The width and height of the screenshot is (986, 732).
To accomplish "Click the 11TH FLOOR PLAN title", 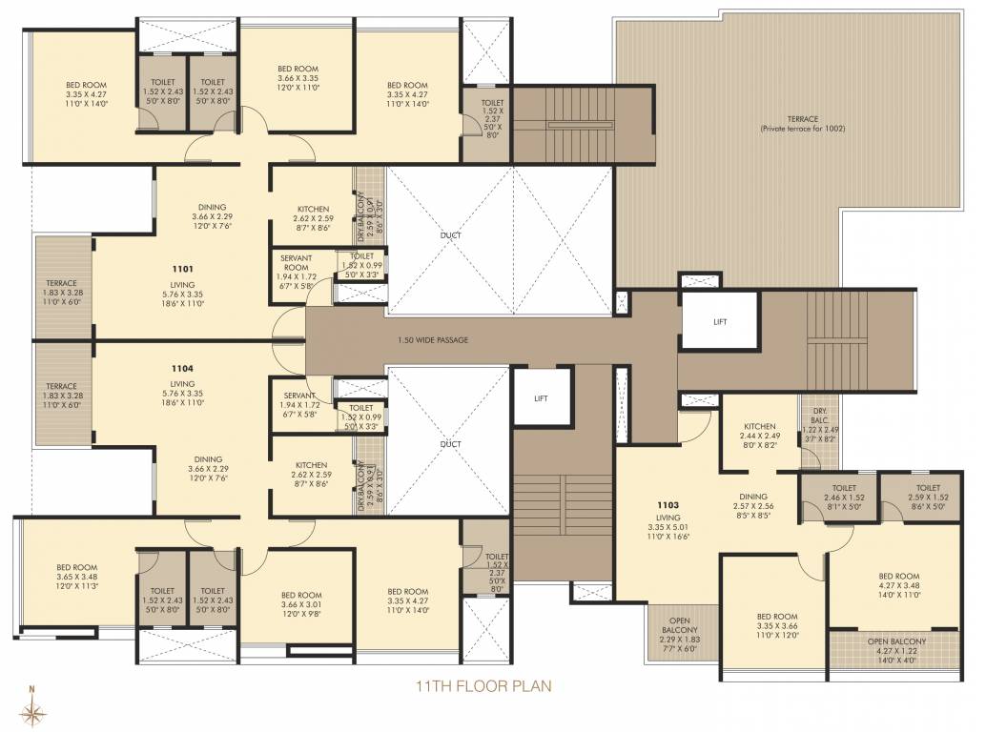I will (x=483, y=685).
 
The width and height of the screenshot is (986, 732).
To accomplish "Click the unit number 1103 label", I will (x=667, y=504).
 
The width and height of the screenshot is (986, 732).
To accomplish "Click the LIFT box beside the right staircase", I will (x=720, y=322).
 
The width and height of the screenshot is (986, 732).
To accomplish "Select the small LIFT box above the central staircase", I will (x=540, y=398).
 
